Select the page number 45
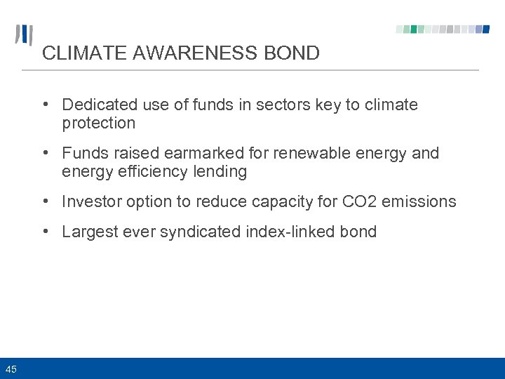(11, 369)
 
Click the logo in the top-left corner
(24, 35)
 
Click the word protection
(98, 124)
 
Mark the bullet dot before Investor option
(45, 202)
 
